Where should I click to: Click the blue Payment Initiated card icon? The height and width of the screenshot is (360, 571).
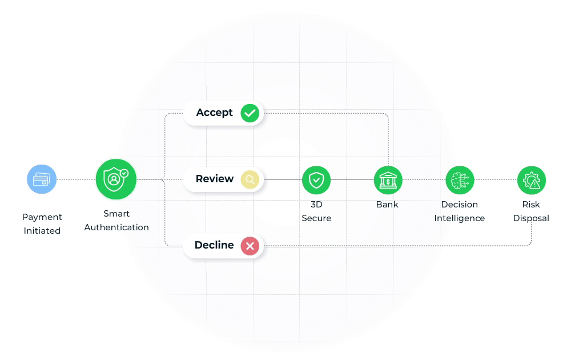pyautogui.click(x=42, y=179)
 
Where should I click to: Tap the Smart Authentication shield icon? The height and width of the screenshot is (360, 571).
pyautogui.click(x=116, y=179)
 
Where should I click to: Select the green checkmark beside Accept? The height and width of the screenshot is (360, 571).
pyautogui.click(x=250, y=113)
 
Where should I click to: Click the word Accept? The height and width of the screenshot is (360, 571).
pyautogui.click(x=214, y=113)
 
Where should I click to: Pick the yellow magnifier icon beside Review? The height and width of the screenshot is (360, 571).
pyautogui.click(x=250, y=179)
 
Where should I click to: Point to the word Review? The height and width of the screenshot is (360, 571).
pyautogui.click(x=215, y=179)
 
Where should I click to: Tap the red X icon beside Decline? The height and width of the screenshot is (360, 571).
pyautogui.click(x=250, y=246)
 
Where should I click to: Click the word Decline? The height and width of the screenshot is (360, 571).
pyautogui.click(x=214, y=245)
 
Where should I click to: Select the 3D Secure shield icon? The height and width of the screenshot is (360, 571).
pyautogui.click(x=316, y=180)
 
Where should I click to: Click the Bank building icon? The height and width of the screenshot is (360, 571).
pyautogui.click(x=388, y=180)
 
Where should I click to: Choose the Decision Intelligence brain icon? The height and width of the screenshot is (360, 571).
pyautogui.click(x=460, y=180)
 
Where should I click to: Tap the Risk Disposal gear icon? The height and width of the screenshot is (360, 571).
pyautogui.click(x=532, y=180)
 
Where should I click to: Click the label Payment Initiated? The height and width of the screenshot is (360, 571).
pyautogui.click(x=42, y=223)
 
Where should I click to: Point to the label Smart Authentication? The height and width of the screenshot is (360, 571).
pyautogui.click(x=116, y=220)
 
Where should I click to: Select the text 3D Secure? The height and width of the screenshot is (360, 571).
pyautogui.click(x=316, y=211)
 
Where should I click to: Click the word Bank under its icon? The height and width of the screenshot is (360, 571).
pyautogui.click(x=388, y=205)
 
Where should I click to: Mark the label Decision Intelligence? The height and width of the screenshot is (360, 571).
pyautogui.click(x=460, y=211)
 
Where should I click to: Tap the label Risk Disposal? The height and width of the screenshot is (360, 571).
pyautogui.click(x=531, y=211)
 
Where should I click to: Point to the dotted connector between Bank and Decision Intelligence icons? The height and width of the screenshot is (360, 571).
pyautogui.click(x=424, y=179)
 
